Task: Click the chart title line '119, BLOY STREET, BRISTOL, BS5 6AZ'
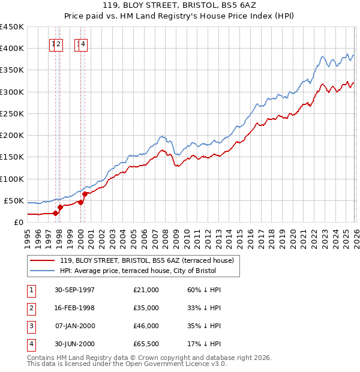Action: (180, 6)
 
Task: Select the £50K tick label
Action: (14, 200)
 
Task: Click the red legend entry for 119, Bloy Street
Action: (150, 260)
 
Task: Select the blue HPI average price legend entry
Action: (142, 271)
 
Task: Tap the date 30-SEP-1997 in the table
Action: (74, 290)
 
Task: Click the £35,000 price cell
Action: (146, 308)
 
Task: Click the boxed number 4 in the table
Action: (30, 344)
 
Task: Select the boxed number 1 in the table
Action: (30, 290)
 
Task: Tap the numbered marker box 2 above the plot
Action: (59, 44)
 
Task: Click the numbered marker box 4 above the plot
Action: (83, 44)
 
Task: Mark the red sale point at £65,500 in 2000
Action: (85, 194)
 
